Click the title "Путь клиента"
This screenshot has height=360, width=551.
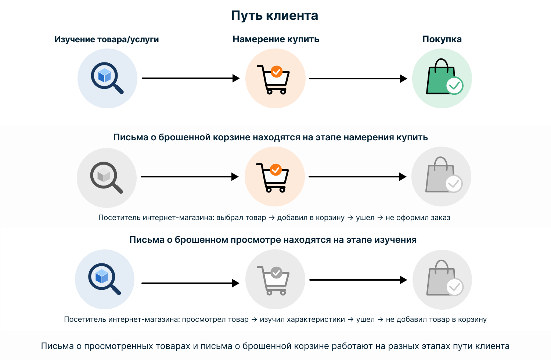[274, 16]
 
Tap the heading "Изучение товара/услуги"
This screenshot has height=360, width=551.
[107, 39]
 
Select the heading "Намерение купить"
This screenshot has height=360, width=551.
[276, 39]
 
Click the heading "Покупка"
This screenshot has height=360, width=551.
[442, 39]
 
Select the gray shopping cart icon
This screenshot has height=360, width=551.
[273, 281]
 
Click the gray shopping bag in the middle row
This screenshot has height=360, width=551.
[444, 175]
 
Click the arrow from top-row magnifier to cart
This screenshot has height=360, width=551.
[191, 78]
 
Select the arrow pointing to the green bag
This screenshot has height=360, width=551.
[358, 79]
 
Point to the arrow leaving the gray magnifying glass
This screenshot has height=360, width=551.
[190, 177]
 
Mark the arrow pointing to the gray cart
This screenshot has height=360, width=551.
[190, 283]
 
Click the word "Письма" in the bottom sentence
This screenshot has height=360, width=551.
[57, 346]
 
